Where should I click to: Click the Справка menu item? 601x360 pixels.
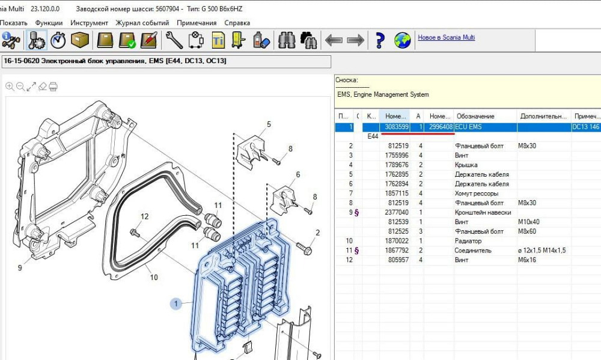coord(237,23)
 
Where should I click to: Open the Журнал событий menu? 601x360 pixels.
coord(142,23)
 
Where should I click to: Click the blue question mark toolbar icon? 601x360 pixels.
coord(379,40)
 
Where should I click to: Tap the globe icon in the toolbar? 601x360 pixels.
coord(402,40)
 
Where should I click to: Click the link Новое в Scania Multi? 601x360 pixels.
coord(446,37)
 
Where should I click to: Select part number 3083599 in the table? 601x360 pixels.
coord(397,127)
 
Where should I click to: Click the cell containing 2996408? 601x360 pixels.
coord(441,127)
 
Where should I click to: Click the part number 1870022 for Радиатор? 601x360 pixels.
coord(398,241)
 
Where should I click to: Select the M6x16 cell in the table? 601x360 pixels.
coord(528,260)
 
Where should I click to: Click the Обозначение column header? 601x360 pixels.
coord(475,116)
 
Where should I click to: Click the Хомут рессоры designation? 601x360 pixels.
coord(477,194)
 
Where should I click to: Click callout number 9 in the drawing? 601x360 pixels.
coord(20,268)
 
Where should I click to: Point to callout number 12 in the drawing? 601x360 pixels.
coord(144,216)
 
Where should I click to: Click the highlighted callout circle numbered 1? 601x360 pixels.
coord(177,304)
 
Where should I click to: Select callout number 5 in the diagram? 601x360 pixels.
coord(269,124)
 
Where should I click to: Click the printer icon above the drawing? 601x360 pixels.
coord(53,87)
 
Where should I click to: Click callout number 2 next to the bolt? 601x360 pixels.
coord(317,233)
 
